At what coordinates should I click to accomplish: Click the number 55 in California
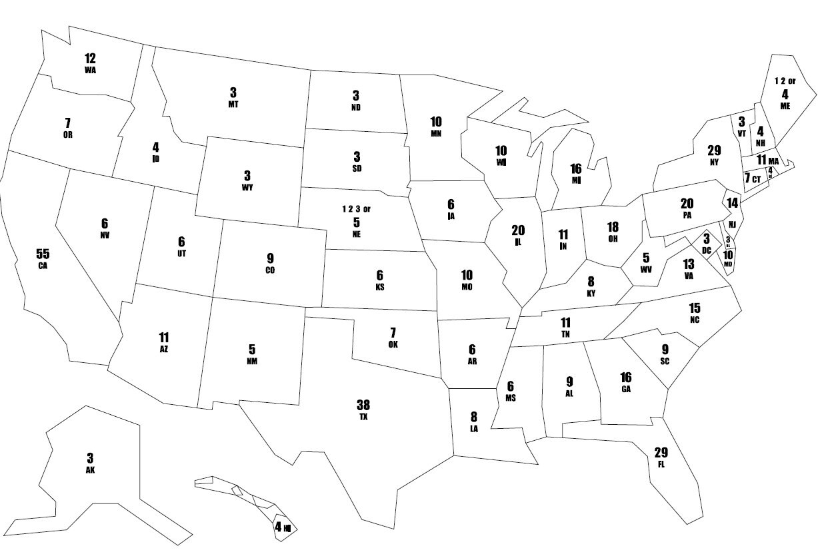pyautogui.click(x=43, y=254)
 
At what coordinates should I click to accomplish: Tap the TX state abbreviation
pyautogui.click(x=363, y=417)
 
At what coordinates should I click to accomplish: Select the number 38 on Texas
pyautogui.click(x=363, y=405)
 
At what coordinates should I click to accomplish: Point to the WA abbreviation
pyautogui.click(x=91, y=69)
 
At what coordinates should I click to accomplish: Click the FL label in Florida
pyautogui.click(x=661, y=463)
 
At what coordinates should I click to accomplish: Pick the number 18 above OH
pyautogui.click(x=613, y=227)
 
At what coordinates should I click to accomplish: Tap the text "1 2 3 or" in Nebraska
pyautogui.click(x=357, y=208)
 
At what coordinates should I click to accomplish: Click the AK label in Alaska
pyautogui.click(x=91, y=469)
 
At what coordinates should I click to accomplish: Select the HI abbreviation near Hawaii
pyautogui.click(x=288, y=528)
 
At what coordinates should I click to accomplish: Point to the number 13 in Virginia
pyautogui.click(x=689, y=264)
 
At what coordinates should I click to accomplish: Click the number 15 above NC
pyautogui.click(x=695, y=308)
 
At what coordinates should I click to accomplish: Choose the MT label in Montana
pyautogui.click(x=233, y=105)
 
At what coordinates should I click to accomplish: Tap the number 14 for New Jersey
pyautogui.click(x=733, y=202)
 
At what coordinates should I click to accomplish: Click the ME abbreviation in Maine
pyautogui.click(x=785, y=105)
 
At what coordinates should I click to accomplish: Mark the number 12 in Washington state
pyautogui.click(x=91, y=58)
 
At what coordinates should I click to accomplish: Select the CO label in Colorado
pyautogui.click(x=269, y=270)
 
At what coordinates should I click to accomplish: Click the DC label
pyautogui.click(x=706, y=250)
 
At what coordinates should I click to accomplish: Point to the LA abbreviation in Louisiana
pyautogui.click(x=474, y=429)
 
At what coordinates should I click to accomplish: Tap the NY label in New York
pyautogui.click(x=714, y=162)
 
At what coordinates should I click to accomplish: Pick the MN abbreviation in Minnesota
pyautogui.click(x=436, y=134)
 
